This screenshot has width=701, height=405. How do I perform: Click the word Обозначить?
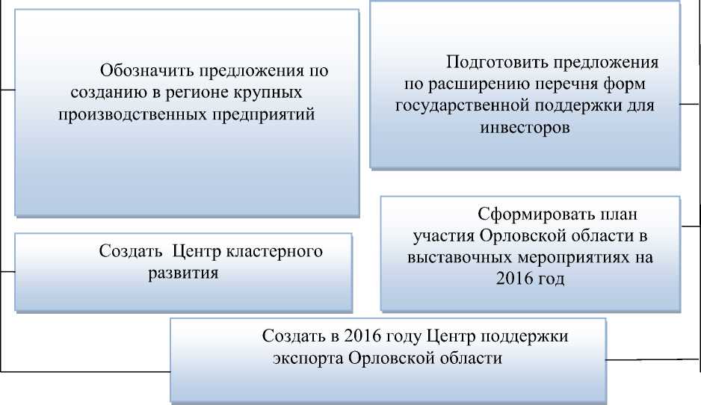click(x=146, y=72)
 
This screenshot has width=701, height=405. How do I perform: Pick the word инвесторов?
click(x=525, y=127)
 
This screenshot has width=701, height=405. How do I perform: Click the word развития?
click(x=183, y=273)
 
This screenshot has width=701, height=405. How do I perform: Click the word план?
click(x=622, y=214)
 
